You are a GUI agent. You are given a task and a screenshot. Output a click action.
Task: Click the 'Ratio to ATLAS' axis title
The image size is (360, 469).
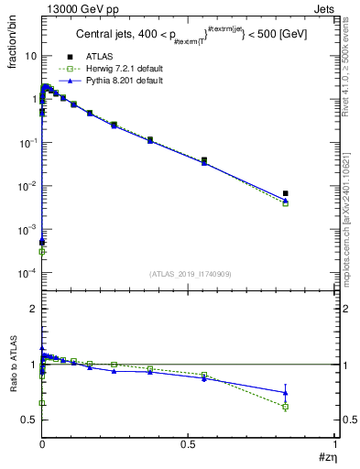pos(13,393)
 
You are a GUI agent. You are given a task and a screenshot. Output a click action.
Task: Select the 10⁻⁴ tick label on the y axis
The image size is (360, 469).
pos(27,273)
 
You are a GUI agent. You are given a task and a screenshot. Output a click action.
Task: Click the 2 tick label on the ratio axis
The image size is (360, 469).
pos(32,309)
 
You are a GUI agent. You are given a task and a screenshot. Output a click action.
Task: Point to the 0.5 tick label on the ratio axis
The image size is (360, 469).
pos(27,420)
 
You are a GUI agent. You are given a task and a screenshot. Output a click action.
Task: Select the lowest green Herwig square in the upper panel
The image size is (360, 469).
pos(42,251)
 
